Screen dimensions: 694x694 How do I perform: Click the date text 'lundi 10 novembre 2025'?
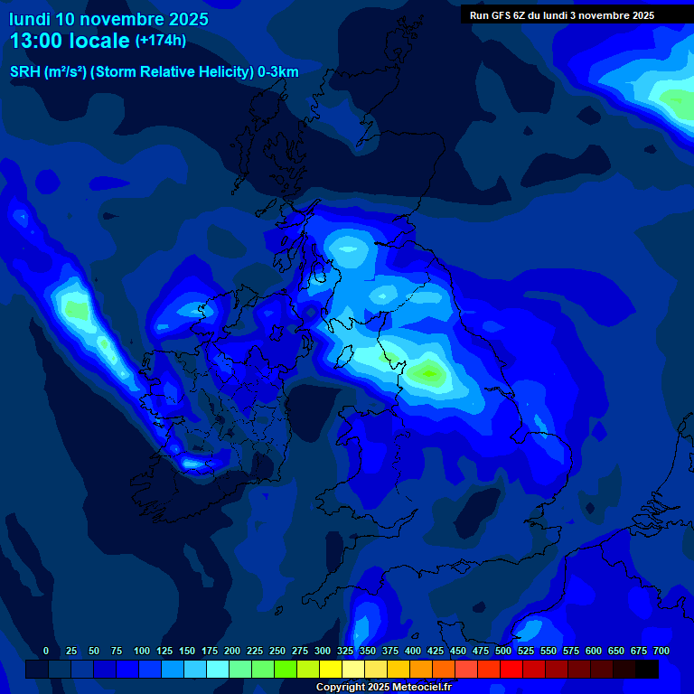tap(108, 19)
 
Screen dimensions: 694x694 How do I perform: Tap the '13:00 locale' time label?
tap(70, 41)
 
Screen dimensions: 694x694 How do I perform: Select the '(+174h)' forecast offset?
tap(161, 41)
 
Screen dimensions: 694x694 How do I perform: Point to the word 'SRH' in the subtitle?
tap(24, 72)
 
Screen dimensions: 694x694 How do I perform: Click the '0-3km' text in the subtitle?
tap(278, 72)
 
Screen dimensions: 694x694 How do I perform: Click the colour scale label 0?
tap(46, 651)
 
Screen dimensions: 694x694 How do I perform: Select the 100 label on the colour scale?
tap(142, 651)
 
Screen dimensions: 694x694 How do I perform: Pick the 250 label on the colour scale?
tap(277, 651)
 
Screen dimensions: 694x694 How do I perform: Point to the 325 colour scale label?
tap(345, 651)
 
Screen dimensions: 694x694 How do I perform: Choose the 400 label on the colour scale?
tap(413, 651)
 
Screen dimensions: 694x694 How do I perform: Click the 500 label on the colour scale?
tap(503, 651)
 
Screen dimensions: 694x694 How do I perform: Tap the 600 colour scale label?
tap(594, 651)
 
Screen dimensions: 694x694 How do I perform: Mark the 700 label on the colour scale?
tap(661, 651)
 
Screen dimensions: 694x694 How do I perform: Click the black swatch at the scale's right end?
tap(647, 670)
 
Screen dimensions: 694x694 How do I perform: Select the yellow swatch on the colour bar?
tap(331, 670)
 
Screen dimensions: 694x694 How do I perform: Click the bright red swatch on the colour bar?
tap(511, 670)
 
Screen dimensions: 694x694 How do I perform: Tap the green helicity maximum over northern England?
tap(427, 371)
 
